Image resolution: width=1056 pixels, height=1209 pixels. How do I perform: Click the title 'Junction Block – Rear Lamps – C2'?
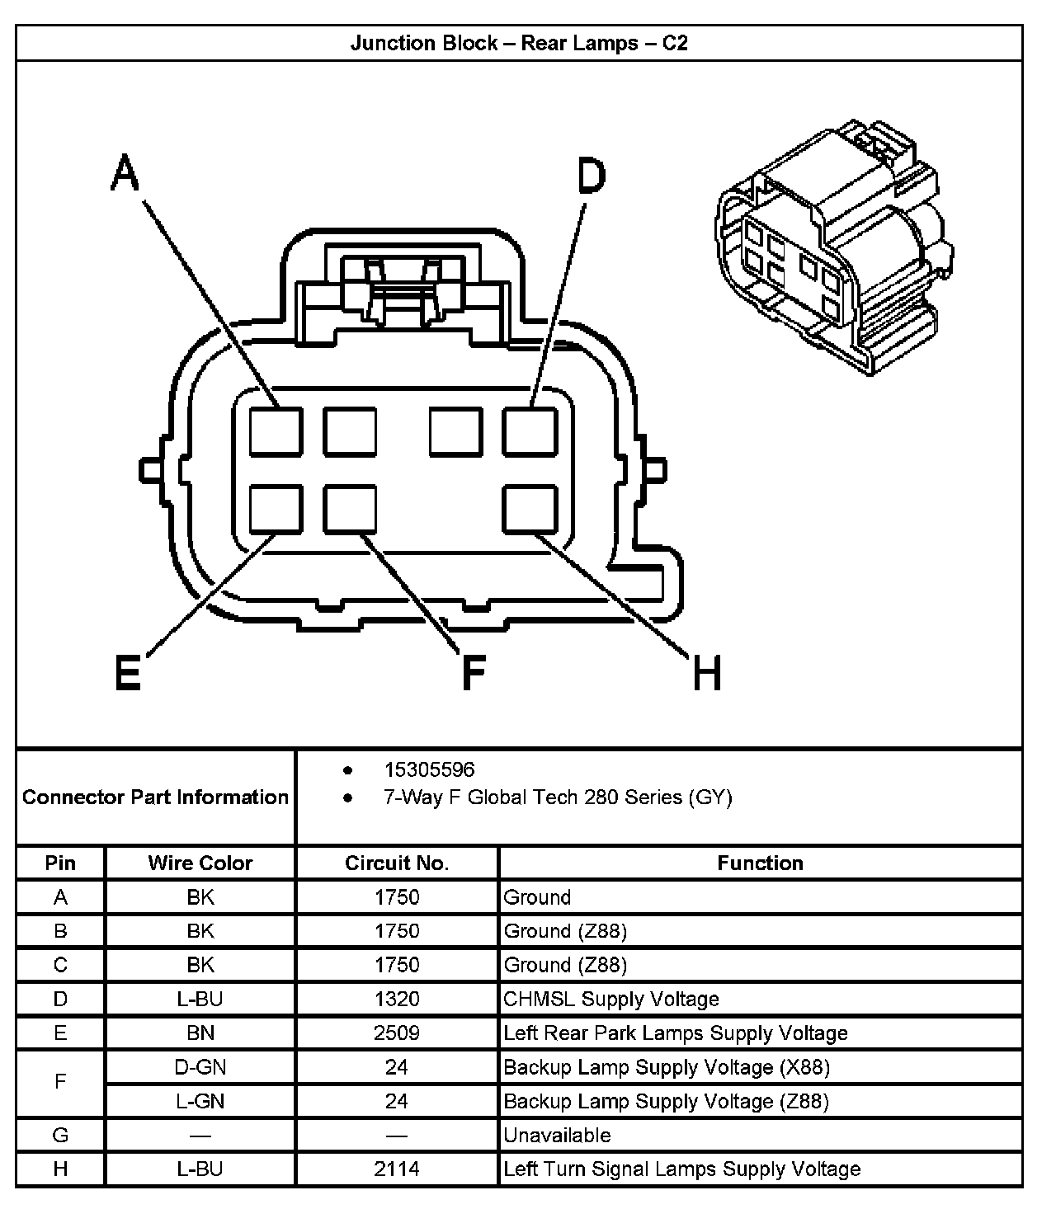point(519,43)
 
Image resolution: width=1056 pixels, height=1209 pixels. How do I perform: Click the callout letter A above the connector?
point(125,173)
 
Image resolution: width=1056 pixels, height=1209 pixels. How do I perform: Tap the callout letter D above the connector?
point(591,176)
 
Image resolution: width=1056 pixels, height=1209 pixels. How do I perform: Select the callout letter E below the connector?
point(128,672)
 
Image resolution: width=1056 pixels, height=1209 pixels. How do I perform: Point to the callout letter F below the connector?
point(473,672)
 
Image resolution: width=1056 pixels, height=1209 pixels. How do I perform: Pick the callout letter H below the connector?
point(707,672)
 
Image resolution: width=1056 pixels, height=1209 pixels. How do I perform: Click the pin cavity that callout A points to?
point(276,431)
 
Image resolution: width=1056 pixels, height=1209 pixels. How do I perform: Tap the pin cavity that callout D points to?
point(530,431)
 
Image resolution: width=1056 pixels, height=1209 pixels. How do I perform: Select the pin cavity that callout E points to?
point(276,509)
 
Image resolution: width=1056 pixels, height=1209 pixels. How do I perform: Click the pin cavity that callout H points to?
point(530,509)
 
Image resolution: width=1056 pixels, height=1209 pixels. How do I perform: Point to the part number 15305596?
point(429,769)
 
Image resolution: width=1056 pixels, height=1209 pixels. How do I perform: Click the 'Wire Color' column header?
point(200,863)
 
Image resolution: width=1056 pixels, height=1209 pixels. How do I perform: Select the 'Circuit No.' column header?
point(397,863)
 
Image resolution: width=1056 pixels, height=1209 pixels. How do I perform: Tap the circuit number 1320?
point(397,999)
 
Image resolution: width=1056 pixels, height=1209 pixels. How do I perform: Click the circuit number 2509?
point(397,1033)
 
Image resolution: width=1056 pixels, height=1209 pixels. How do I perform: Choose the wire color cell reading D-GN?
point(200,1067)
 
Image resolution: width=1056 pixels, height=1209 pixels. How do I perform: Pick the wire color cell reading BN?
point(200,1033)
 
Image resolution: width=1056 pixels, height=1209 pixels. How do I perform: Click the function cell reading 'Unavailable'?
point(557,1135)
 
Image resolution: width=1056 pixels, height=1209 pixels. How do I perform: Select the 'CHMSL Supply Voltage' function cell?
point(610,999)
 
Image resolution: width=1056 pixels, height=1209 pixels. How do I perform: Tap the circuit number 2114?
point(397,1169)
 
